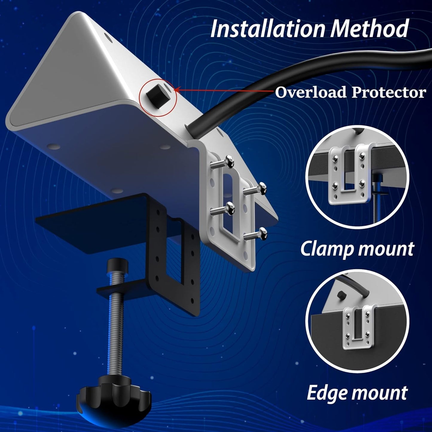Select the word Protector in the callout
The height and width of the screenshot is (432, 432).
click(389, 92)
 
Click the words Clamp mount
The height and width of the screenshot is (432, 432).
click(357, 249)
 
